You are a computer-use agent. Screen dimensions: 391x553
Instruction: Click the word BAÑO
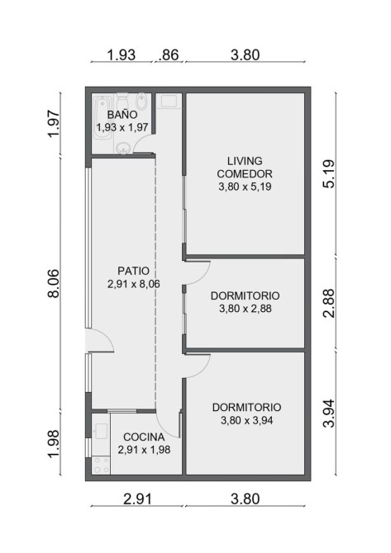(122, 114)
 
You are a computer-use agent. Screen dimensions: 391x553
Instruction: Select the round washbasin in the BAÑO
(123, 149)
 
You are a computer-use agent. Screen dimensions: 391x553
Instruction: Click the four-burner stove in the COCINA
(101, 466)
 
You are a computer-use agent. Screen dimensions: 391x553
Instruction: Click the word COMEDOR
(245, 174)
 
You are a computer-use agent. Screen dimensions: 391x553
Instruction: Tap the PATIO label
(134, 271)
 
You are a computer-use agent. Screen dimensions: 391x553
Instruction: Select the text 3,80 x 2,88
(246, 309)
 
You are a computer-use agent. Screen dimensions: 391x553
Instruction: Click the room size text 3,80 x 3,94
(247, 420)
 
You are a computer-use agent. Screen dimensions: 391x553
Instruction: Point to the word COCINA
(144, 437)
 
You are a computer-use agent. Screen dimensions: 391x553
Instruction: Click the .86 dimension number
(169, 55)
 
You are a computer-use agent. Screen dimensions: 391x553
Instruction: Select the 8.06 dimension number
(54, 284)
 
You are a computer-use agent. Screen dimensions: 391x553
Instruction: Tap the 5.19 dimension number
(329, 174)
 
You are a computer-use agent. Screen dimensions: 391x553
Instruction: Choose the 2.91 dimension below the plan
(137, 499)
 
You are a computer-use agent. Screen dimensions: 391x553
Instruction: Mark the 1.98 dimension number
(54, 443)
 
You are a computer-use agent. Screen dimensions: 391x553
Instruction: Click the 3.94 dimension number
(329, 413)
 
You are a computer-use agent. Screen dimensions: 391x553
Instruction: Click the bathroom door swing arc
(140, 141)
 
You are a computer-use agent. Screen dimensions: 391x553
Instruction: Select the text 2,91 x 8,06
(134, 284)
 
